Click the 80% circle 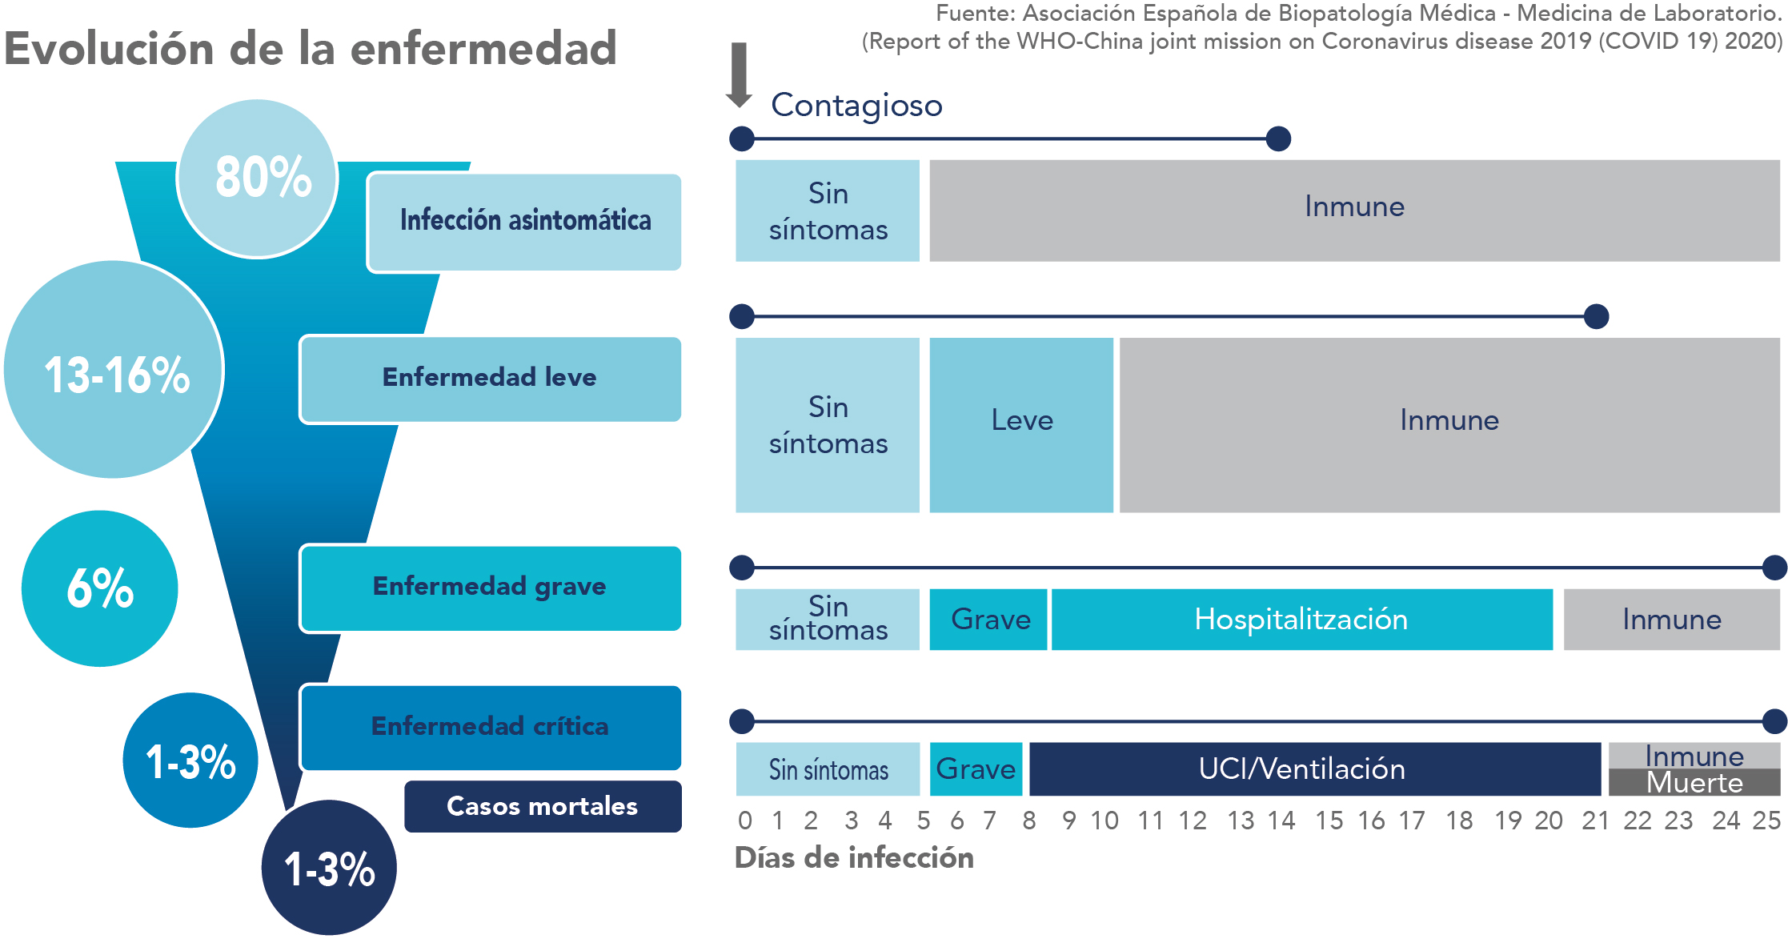(257, 178)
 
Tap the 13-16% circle (114, 369)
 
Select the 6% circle (99, 588)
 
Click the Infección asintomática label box (524, 222)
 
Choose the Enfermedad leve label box (491, 379)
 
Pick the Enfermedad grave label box (491, 588)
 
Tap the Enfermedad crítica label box (491, 727)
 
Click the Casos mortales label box (543, 806)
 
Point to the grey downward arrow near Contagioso (739, 74)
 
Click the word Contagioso (856, 105)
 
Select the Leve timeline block (1021, 425)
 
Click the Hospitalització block (1301, 620)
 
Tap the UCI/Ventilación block (1315, 769)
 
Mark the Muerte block (1694, 782)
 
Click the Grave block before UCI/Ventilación (976, 769)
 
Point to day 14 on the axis (1281, 821)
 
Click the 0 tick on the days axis (745, 821)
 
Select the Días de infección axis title (854, 858)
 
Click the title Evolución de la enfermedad (311, 48)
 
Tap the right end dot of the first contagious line (1279, 138)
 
